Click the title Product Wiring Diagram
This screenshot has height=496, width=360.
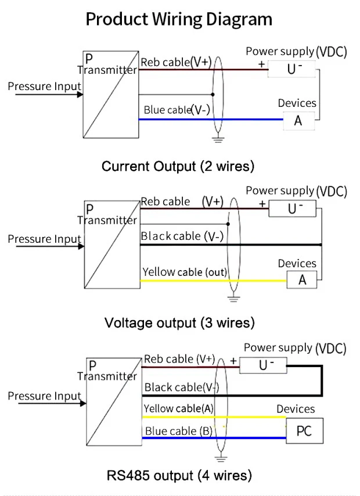click(x=179, y=19)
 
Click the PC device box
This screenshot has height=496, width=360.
click(x=304, y=432)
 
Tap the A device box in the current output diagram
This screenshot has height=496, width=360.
click(x=298, y=121)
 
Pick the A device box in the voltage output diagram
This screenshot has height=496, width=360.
click(x=302, y=280)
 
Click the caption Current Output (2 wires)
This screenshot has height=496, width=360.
click(x=178, y=167)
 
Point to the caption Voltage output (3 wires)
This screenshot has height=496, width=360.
click(x=179, y=322)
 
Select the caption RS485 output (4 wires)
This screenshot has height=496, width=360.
click(x=179, y=476)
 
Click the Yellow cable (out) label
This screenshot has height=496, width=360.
click(x=185, y=272)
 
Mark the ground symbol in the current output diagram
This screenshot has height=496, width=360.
click(x=218, y=138)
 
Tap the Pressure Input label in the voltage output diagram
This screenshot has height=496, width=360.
click(x=44, y=239)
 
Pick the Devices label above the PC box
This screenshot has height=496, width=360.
click(x=296, y=409)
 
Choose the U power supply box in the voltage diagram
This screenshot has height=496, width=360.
click(x=294, y=209)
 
